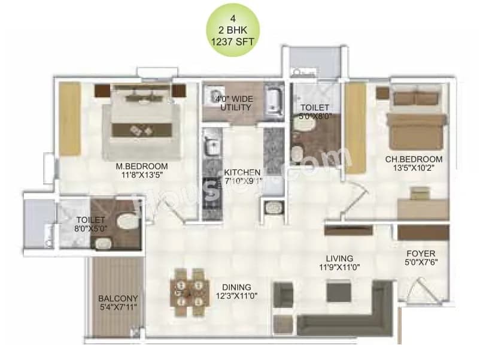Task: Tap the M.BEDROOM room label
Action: [x=142, y=167]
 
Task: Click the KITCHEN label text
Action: [x=242, y=173]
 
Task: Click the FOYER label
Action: [x=420, y=253]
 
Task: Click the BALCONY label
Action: [x=118, y=298]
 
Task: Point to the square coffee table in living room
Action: [x=339, y=292]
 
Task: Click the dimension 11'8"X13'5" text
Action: [x=142, y=176]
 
